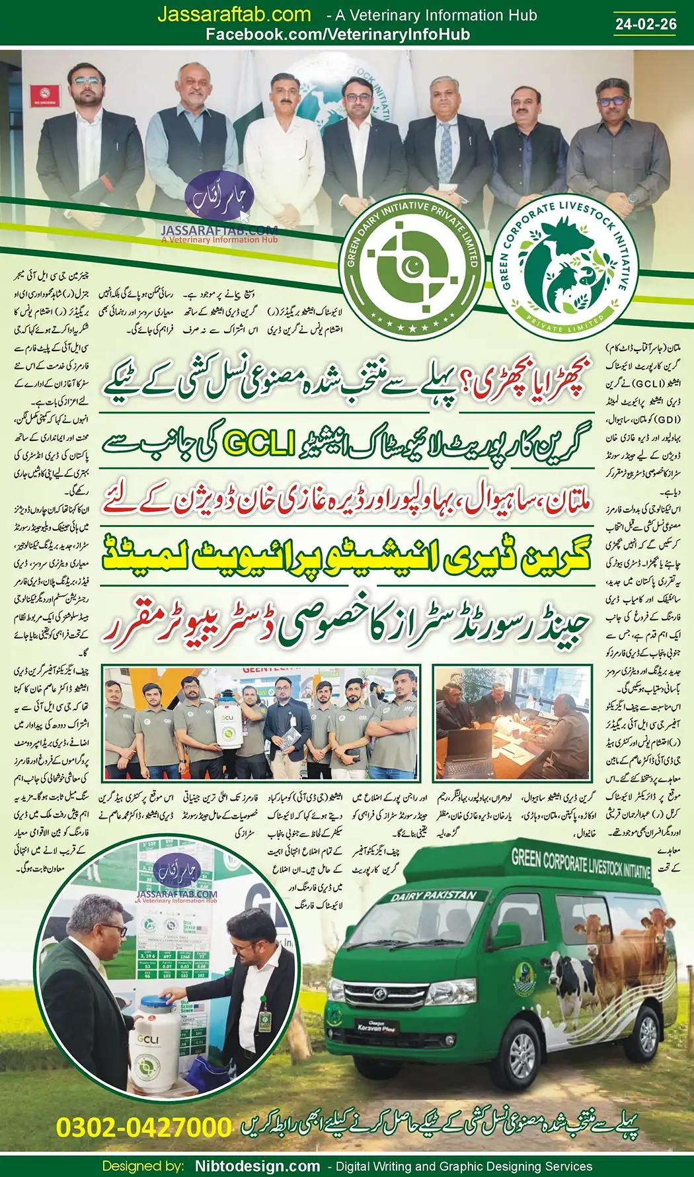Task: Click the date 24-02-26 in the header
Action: pyautogui.click(x=646, y=24)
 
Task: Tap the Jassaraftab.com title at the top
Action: pyautogui.click(x=234, y=15)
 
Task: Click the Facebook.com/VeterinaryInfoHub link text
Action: pyautogui.click(x=338, y=35)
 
